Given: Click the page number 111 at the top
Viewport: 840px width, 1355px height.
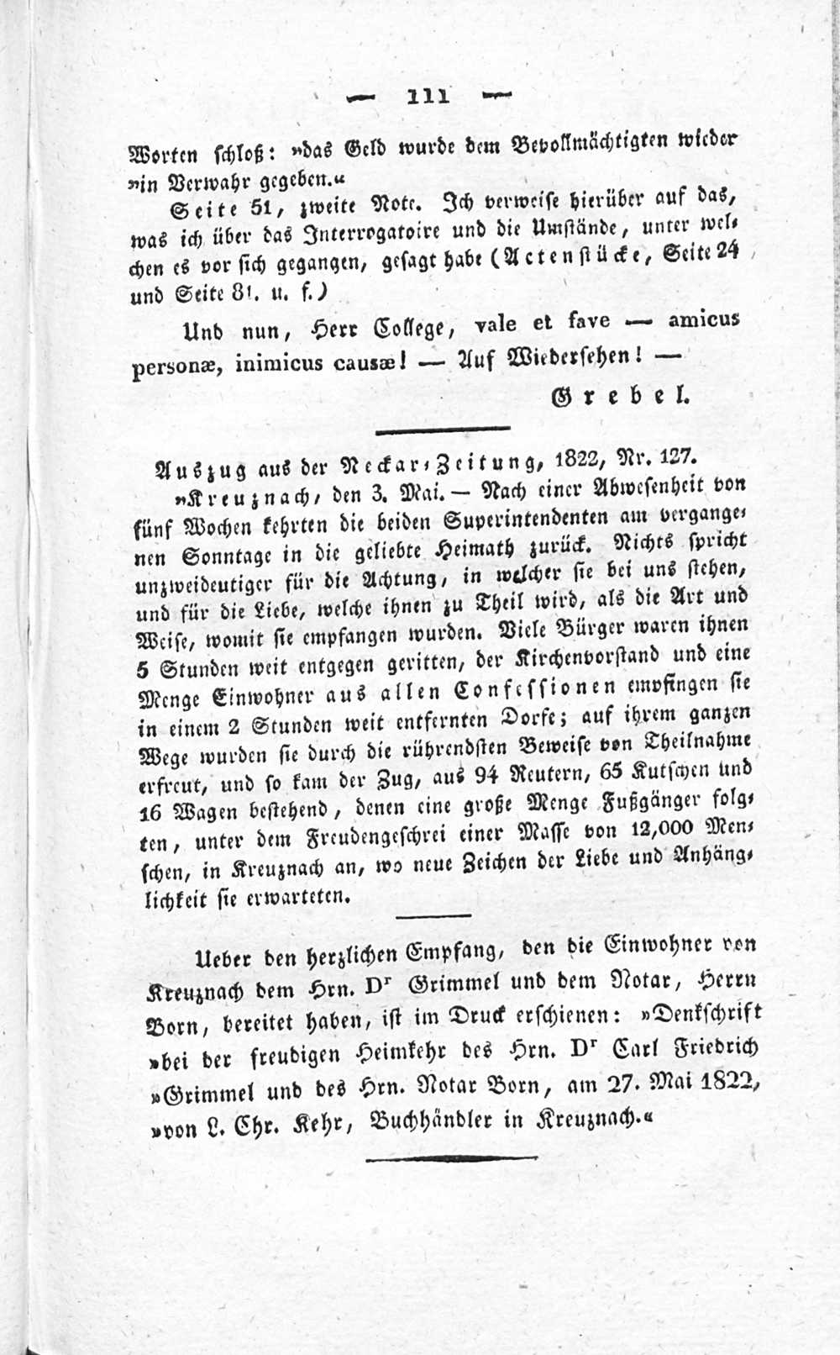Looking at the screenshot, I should (428, 96).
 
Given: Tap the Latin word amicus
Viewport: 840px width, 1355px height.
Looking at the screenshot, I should (703, 320).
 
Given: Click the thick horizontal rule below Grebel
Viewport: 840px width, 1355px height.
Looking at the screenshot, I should (442, 430).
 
